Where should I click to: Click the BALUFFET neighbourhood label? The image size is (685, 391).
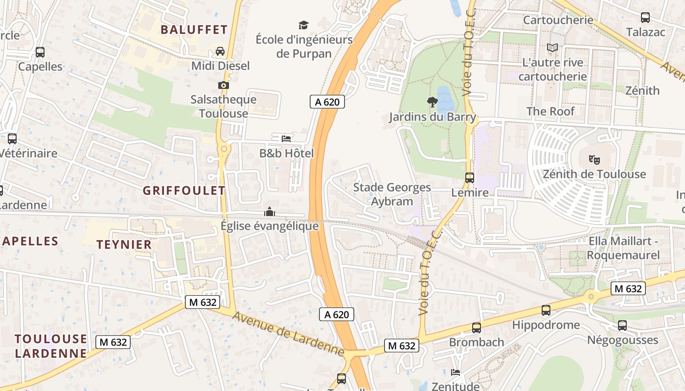pos(194,30)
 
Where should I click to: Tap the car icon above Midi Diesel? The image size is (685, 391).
pos(220,51)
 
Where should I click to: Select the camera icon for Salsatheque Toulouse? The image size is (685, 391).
pos(224,85)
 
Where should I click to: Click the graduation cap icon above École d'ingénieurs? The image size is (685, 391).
pos(304,25)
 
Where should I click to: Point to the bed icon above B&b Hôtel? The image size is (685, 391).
pos(286,139)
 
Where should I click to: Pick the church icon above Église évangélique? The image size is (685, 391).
pos(269,212)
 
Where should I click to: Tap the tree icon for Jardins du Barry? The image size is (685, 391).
pos(432,102)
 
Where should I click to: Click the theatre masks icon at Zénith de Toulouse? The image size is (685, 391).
pos(594,159)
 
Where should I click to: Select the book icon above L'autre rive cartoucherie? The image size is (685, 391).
pos(552,48)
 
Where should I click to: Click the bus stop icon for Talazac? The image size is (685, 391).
pos(645,18)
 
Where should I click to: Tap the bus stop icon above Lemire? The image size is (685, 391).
pos(470,178)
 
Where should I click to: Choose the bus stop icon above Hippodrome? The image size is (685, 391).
pos(546,310)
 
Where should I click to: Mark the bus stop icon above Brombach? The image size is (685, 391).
pos(477,328)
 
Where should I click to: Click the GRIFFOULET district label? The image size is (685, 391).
pos(184,191)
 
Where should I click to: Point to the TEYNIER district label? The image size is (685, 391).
pos(124,245)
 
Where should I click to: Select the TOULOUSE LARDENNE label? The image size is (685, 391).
pos(51,346)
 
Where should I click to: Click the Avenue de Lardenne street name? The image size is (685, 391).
pos(288,334)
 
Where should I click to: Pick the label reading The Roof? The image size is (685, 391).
pos(550,111)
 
